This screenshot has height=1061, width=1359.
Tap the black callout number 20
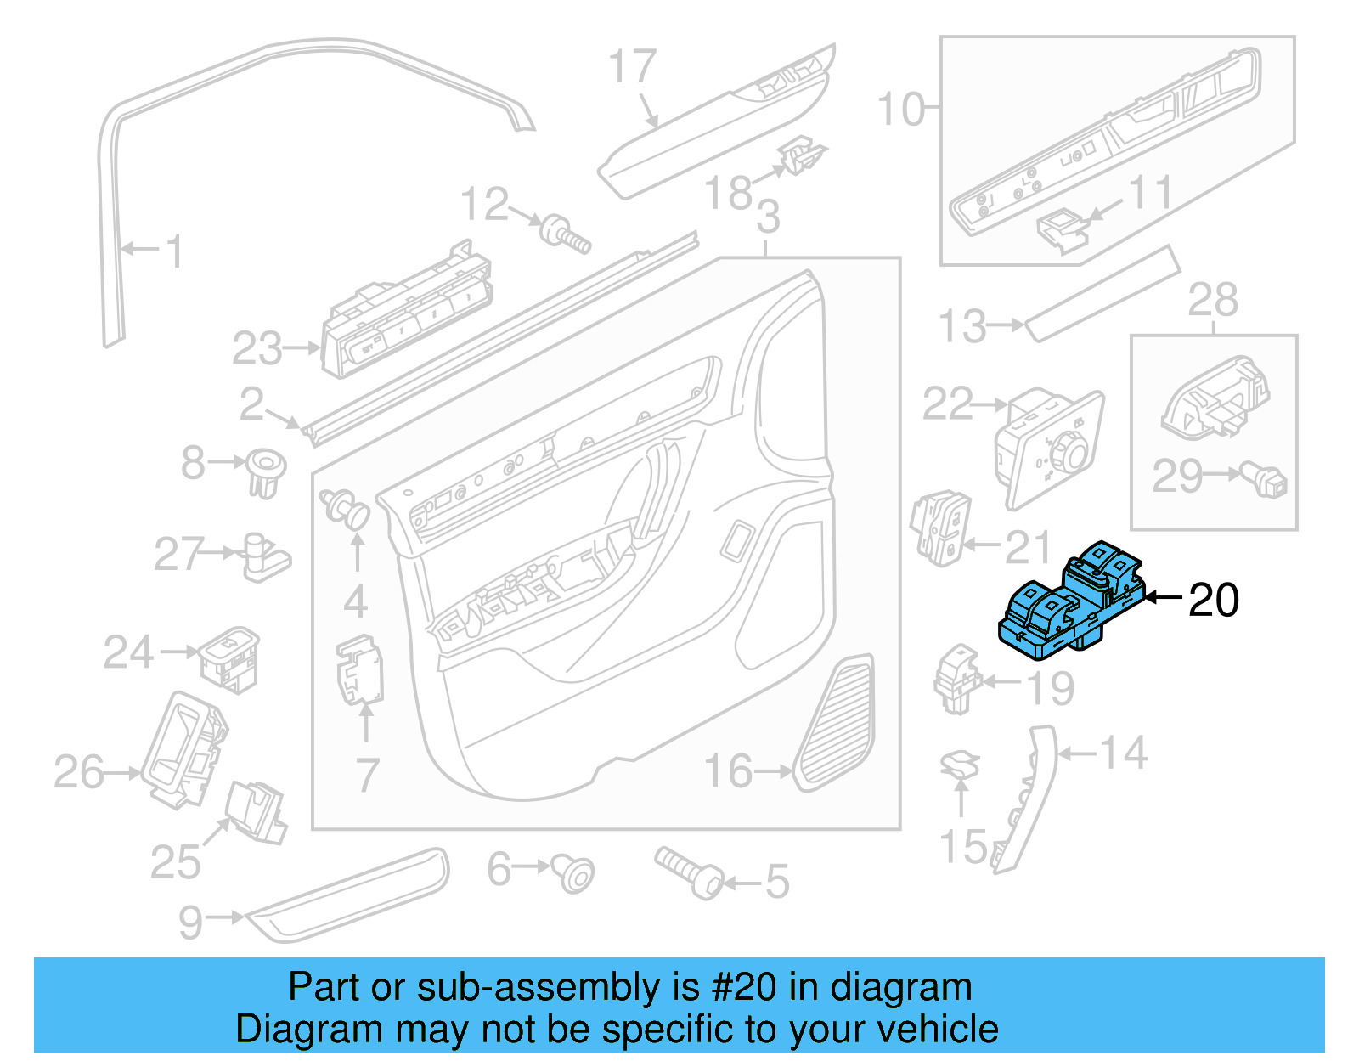click(1213, 600)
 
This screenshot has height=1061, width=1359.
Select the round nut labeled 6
click(575, 872)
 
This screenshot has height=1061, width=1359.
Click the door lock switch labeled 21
click(940, 526)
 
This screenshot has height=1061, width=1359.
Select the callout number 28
click(1212, 300)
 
